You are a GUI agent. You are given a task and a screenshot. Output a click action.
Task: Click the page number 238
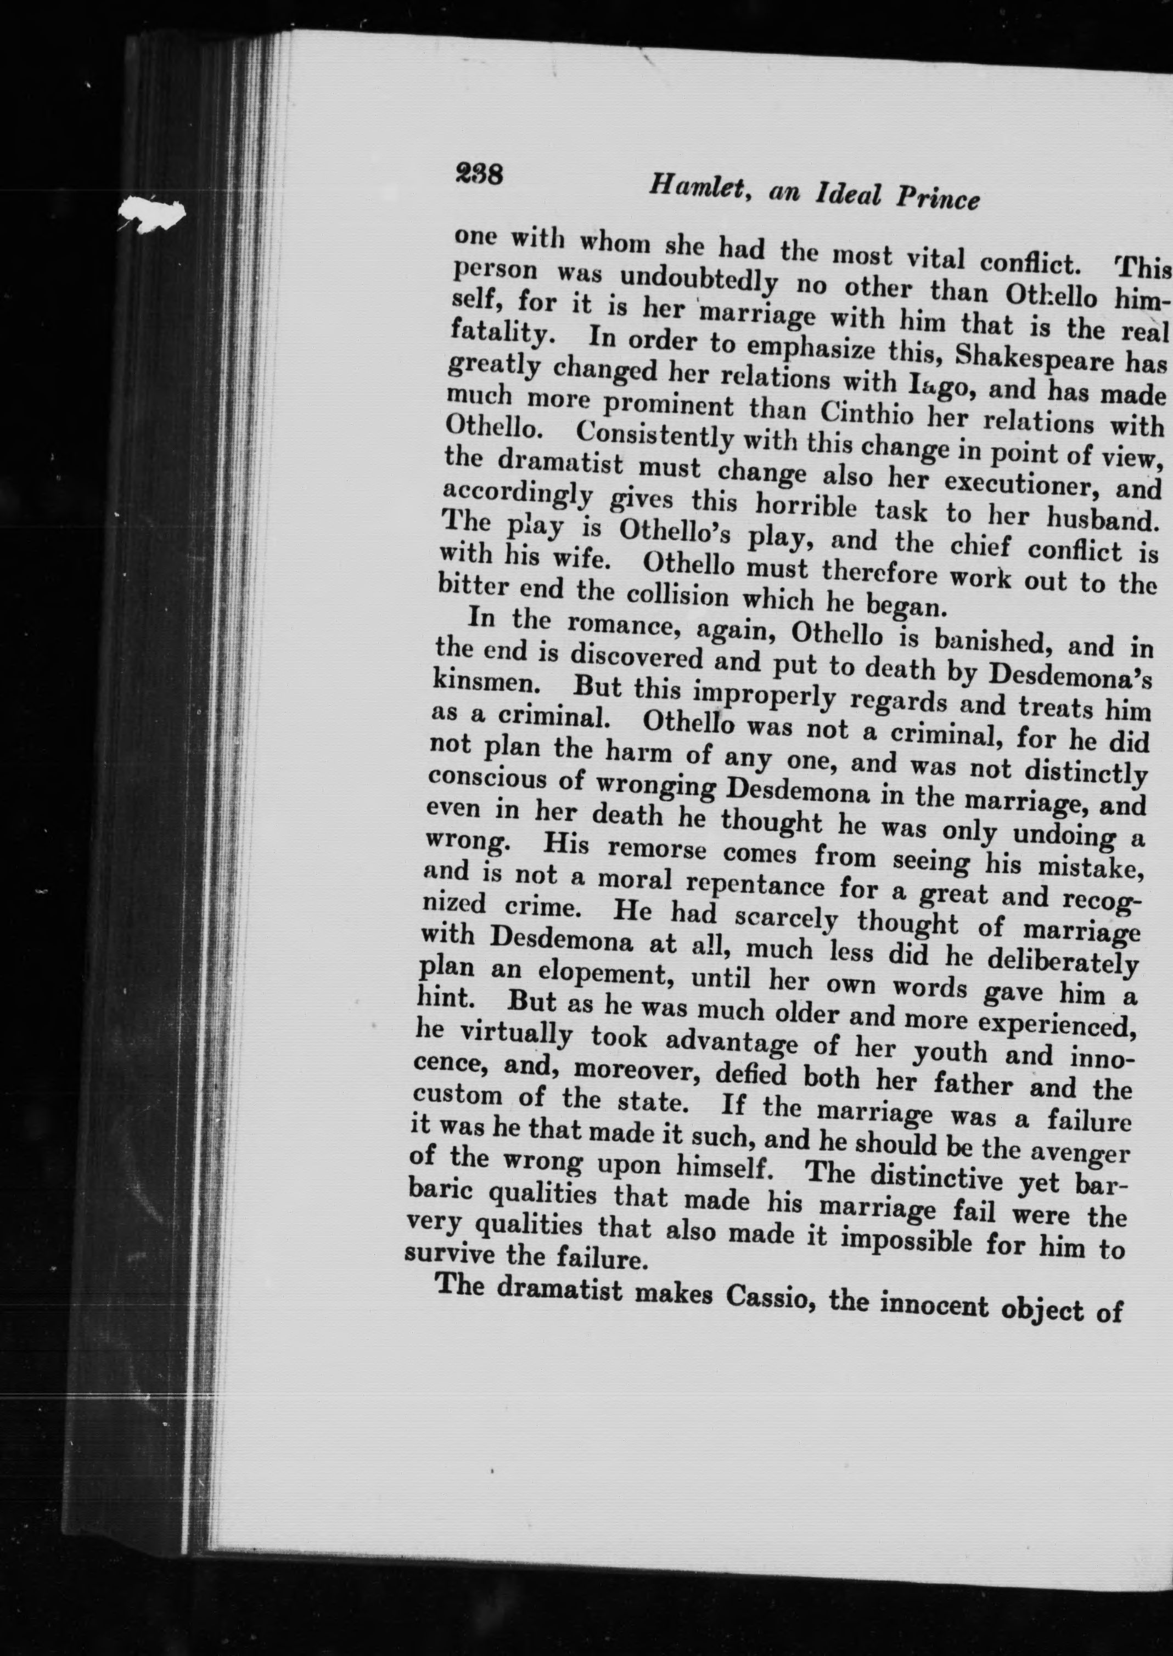pos(478,174)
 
